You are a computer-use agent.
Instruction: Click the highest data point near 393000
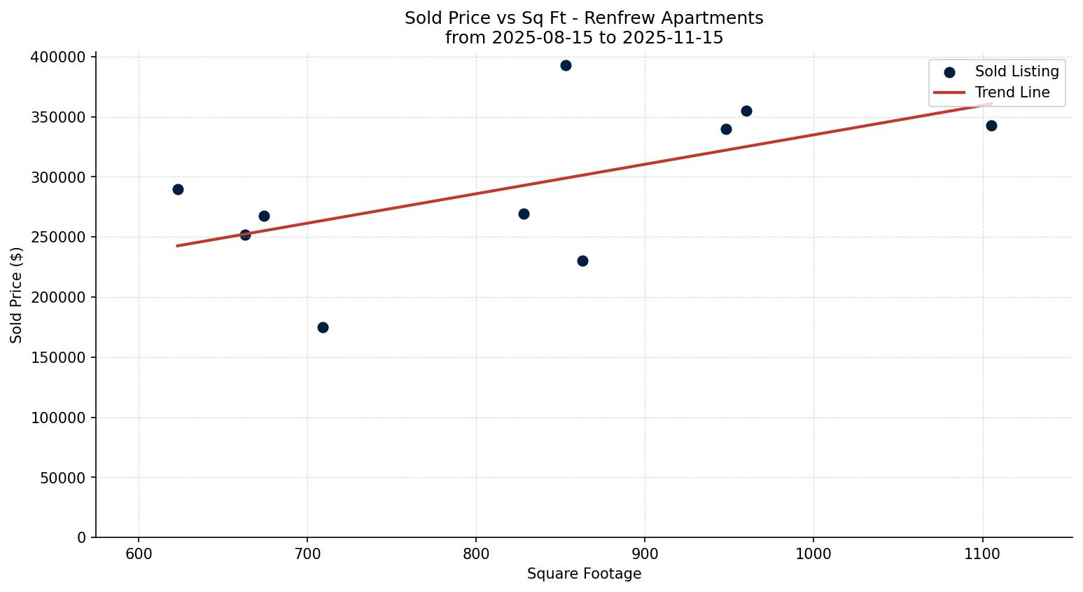(x=566, y=66)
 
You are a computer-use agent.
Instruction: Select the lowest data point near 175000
(x=323, y=328)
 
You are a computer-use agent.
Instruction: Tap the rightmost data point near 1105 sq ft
(x=991, y=126)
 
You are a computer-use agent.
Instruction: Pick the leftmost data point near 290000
(x=178, y=190)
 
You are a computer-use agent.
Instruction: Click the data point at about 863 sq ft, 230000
(x=582, y=261)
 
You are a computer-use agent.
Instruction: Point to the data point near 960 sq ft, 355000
(x=746, y=111)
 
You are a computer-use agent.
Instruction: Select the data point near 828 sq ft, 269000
(x=524, y=214)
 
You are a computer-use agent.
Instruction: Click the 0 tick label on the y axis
(x=81, y=538)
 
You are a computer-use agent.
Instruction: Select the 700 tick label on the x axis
(x=307, y=554)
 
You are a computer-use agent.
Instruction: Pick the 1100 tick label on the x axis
(x=982, y=554)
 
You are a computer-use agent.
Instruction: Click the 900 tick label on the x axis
(x=645, y=554)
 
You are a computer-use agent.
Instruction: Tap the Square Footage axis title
(x=584, y=574)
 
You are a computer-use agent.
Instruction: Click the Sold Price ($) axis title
(x=17, y=295)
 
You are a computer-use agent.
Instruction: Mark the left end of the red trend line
(x=177, y=246)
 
